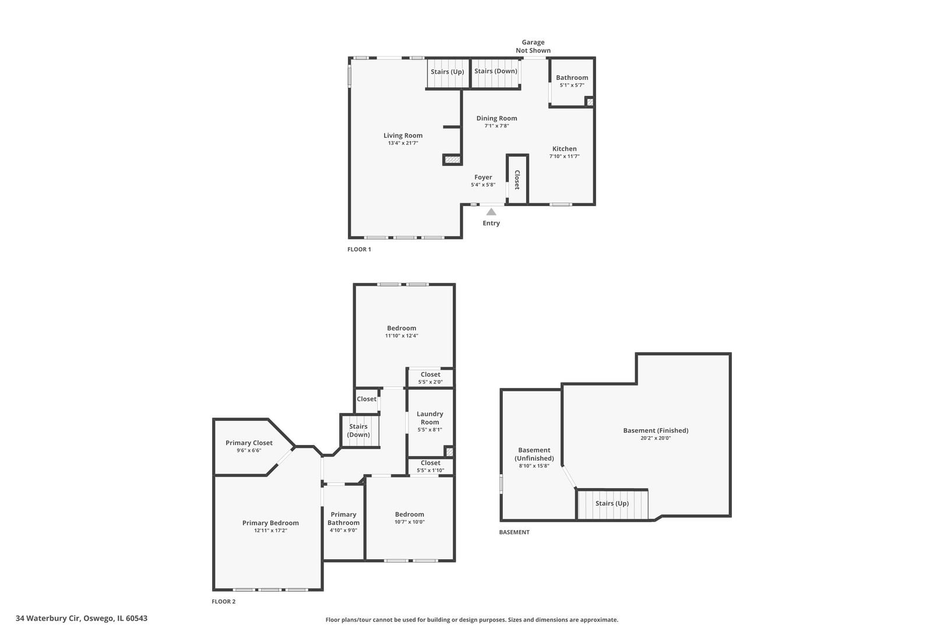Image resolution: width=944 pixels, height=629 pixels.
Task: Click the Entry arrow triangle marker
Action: point(491,212)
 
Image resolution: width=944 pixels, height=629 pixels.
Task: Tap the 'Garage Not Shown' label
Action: point(533,46)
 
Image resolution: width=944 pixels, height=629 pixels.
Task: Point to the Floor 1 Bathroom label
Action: point(572,77)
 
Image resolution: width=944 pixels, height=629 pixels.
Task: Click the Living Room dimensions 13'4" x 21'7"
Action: point(403,143)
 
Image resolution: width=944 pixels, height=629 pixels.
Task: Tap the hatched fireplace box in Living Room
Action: point(452,159)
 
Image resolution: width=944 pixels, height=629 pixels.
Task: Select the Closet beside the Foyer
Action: point(517,179)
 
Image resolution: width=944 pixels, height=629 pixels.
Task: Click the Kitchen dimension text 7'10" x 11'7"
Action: point(564,156)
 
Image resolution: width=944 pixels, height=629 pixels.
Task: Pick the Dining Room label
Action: point(496,118)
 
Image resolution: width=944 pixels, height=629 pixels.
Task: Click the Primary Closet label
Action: point(249,443)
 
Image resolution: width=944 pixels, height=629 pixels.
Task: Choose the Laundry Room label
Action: point(429,418)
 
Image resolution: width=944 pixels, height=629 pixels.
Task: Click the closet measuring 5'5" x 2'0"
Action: point(430,378)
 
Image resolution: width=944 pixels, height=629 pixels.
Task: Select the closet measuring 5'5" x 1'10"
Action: point(430,467)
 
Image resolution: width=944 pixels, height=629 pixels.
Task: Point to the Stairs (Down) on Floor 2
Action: point(359,430)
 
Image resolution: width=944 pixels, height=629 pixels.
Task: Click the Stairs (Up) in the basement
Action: point(612,503)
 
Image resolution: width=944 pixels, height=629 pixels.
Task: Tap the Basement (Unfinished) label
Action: point(534,454)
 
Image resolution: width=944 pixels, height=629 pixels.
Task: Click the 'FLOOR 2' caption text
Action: point(223,602)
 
